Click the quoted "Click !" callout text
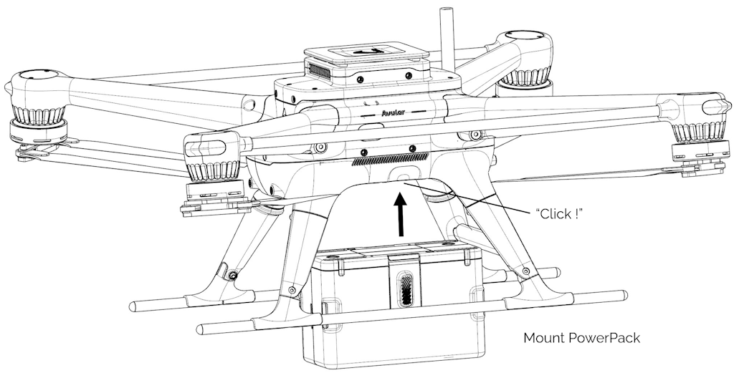[558, 213]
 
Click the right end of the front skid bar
[619, 294]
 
